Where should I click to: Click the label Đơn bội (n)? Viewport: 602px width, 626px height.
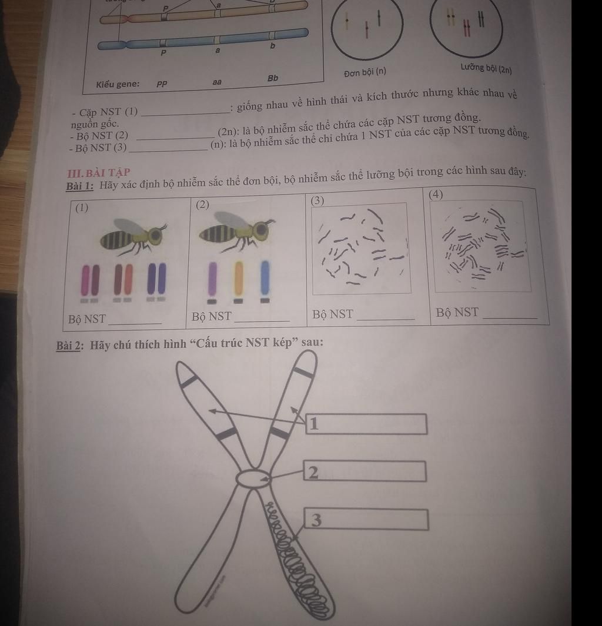pos(365,72)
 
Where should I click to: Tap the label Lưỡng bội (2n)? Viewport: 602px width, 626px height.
pos(486,68)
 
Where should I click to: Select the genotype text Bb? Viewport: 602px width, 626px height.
pos(273,78)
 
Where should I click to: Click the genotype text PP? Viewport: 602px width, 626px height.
pos(162,84)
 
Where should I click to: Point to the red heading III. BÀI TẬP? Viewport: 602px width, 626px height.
pos(99,173)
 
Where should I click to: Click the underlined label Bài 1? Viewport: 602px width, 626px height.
pos(80,186)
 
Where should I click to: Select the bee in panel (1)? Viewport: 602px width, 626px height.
pos(133,236)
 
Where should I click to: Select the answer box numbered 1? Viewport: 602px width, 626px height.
pos(366,424)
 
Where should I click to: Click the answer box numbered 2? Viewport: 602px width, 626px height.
pos(364,471)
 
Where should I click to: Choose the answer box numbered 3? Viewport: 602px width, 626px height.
pos(366,519)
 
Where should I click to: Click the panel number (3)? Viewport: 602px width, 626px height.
pos(317,200)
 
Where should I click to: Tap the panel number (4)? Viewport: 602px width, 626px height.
pos(436,195)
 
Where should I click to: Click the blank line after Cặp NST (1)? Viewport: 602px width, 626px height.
pos(186,113)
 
